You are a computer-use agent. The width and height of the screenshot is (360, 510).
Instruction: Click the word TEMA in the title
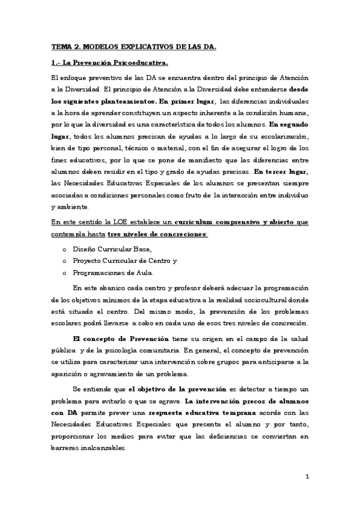(60, 46)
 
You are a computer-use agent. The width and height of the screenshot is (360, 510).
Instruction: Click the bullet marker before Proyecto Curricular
(64, 260)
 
